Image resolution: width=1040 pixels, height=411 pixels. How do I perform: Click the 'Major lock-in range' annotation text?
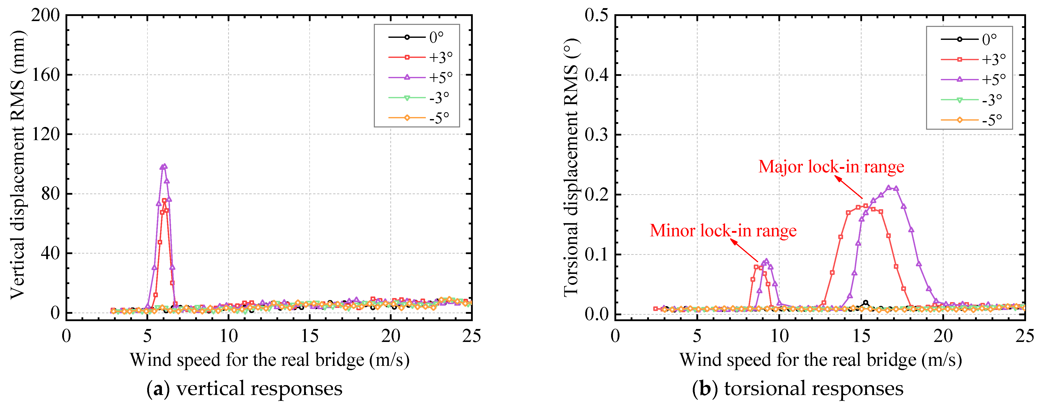tap(831, 167)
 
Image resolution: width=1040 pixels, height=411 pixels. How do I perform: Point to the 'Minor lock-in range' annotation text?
tap(723, 231)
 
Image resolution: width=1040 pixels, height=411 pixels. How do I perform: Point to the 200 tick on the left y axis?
tap(45, 15)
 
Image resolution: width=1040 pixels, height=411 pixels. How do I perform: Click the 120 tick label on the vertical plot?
tap(45, 134)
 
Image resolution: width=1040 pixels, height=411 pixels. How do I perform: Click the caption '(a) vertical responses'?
tap(244, 388)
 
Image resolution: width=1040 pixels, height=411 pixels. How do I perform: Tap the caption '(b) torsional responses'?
tap(798, 388)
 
